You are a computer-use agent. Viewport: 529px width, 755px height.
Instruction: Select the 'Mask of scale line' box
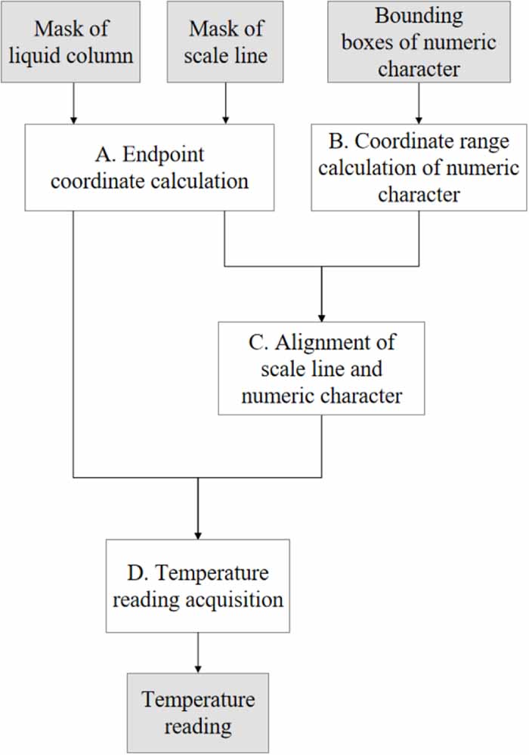point(225,42)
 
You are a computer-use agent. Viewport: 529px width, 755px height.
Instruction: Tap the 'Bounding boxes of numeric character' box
point(419,42)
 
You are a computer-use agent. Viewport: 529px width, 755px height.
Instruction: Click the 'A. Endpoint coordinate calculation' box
point(149,168)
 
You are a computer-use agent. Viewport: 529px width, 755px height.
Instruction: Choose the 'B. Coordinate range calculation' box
point(419,168)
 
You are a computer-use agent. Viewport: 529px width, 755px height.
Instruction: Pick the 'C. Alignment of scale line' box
point(321,368)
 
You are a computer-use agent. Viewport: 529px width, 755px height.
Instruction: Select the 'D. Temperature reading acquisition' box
point(197,586)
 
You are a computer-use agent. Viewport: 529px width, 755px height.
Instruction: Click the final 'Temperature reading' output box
point(197,712)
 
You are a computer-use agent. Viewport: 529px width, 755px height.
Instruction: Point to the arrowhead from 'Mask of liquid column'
point(73,119)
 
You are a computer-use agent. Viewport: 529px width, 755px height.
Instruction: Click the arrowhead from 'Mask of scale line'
point(225,119)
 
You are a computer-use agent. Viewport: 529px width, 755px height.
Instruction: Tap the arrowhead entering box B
point(419,119)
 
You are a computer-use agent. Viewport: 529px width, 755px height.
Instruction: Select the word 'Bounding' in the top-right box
point(419,16)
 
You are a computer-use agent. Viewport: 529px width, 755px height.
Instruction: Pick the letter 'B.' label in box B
point(336,141)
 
